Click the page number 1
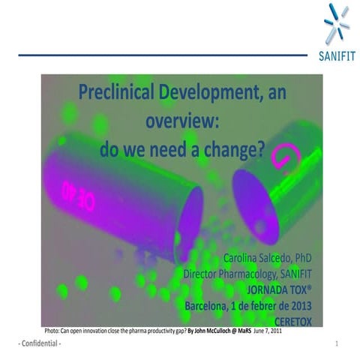click(x=337, y=343)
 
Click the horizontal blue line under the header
click(x=161, y=55)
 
